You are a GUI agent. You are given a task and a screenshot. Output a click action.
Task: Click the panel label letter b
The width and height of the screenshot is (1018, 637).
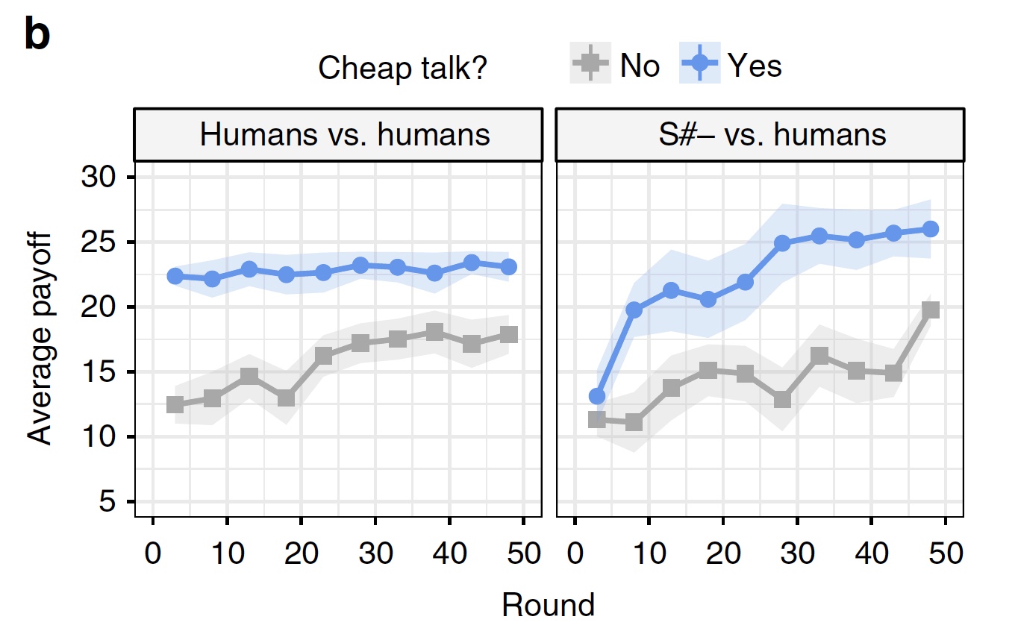37,36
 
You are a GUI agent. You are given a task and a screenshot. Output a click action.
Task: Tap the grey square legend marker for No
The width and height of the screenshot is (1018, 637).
591,66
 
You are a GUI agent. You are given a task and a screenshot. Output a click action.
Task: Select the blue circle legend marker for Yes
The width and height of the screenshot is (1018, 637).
699,66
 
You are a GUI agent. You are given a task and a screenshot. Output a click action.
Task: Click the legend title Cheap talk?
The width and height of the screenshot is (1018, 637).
403,69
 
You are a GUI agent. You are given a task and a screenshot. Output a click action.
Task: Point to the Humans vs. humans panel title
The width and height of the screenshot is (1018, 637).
345,135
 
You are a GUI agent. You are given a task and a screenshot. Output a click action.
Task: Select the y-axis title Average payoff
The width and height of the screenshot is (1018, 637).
40,339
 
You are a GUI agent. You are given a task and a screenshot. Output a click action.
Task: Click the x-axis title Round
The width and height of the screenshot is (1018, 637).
549,605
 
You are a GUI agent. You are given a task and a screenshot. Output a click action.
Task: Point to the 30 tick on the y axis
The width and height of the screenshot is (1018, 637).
98,178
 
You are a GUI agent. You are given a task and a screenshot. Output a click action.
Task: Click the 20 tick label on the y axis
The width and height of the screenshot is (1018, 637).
98,307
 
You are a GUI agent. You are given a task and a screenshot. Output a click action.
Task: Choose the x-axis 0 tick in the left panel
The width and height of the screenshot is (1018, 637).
152,555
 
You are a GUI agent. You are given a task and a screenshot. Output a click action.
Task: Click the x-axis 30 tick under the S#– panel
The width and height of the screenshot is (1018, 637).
796,555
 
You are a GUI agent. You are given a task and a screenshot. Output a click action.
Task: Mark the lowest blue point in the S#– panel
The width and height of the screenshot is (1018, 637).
596,396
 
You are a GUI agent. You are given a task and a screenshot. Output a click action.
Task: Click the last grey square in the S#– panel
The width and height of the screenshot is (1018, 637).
930,310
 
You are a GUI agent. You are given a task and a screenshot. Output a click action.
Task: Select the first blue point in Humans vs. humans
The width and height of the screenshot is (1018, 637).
175,276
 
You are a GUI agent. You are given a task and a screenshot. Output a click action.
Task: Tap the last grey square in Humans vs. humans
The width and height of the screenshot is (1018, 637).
509,334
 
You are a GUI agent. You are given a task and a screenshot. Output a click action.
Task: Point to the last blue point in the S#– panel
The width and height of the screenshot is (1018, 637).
930,229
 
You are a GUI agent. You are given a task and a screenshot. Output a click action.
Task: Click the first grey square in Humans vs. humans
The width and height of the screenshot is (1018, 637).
175,404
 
